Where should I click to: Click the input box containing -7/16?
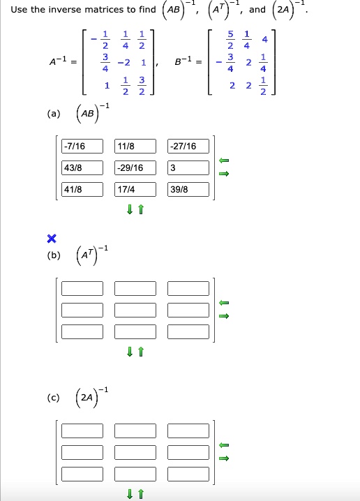[x=82, y=146]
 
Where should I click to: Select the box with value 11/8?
[x=135, y=146]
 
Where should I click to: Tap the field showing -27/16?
[x=188, y=146]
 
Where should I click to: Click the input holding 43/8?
[x=82, y=167]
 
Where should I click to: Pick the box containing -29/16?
[x=135, y=167]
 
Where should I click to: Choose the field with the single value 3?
[x=188, y=167]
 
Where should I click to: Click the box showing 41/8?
[x=82, y=190]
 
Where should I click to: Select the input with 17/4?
[x=135, y=190]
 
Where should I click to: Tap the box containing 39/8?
[x=188, y=190]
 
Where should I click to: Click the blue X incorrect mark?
[x=52, y=239]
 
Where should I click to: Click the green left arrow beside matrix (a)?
[x=224, y=160]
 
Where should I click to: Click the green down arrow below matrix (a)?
[x=129, y=209]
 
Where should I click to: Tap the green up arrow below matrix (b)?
[x=140, y=352]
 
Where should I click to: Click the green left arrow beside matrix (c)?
[x=224, y=444]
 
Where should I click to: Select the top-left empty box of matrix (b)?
[x=82, y=288]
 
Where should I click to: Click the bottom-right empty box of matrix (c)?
[x=188, y=474]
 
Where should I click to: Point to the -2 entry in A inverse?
[x=124, y=62]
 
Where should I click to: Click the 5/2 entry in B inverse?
[x=230, y=40]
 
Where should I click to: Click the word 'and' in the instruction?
[x=257, y=10]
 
